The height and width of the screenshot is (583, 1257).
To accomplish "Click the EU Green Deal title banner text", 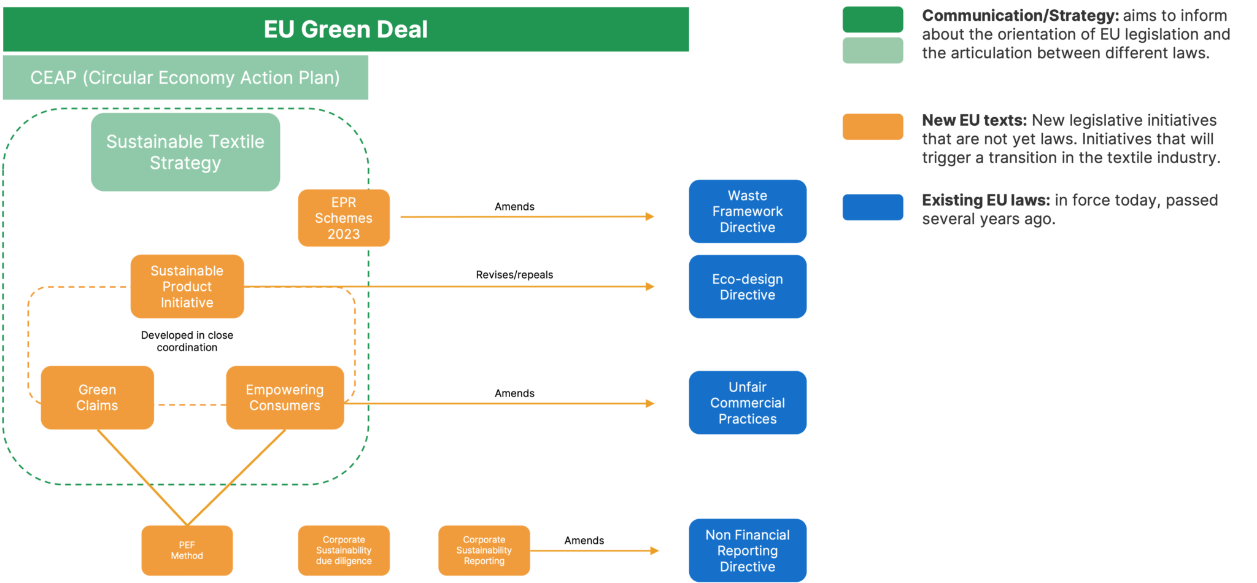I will click(x=346, y=29).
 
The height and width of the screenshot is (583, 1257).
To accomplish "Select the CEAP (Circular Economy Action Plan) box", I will click(x=185, y=78).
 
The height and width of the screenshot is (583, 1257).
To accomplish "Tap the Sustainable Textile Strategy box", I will click(x=185, y=152).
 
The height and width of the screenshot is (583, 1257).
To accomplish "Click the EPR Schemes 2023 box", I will click(x=344, y=218).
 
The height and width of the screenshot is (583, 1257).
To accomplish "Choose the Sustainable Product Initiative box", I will click(x=187, y=287).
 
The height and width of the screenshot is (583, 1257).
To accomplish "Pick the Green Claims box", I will click(x=97, y=398).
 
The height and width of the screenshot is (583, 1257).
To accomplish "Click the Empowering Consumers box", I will click(x=285, y=398).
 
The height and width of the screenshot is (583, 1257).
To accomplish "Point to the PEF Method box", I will click(x=187, y=550).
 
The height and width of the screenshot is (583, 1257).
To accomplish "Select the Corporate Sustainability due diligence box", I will click(x=344, y=550).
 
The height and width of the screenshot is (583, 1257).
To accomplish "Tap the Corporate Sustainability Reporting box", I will click(x=484, y=550).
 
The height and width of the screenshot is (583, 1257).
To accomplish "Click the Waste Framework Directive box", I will click(x=747, y=212).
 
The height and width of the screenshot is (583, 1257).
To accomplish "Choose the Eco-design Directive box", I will click(x=747, y=287).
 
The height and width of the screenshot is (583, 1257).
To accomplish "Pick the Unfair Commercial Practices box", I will click(x=747, y=403).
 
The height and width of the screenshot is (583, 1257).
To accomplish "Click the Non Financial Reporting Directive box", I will click(x=747, y=550).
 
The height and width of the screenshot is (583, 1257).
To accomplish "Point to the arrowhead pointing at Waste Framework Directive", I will click(x=650, y=217).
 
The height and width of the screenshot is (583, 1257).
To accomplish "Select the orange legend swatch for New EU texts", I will click(x=872, y=127).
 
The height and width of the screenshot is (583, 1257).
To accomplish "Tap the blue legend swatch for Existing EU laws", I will click(x=872, y=207).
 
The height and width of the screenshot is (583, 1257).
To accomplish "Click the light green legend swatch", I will click(x=872, y=50).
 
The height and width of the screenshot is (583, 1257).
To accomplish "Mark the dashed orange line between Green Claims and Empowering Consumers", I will click(x=190, y=405).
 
